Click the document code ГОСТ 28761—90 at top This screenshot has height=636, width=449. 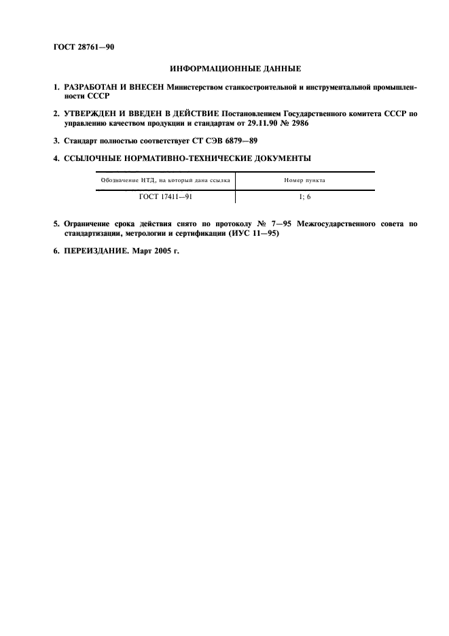point(84,47)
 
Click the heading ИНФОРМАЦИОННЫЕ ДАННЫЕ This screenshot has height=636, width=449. point(224,69)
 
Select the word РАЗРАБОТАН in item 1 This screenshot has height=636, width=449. point(92,88)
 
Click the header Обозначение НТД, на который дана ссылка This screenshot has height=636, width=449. point(164,181)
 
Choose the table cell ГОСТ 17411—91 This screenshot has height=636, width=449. point(164,197)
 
